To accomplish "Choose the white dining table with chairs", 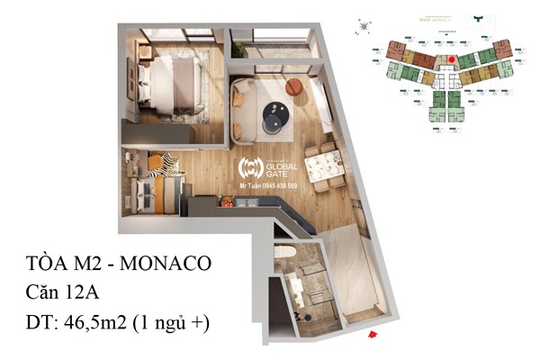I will point(323,165).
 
